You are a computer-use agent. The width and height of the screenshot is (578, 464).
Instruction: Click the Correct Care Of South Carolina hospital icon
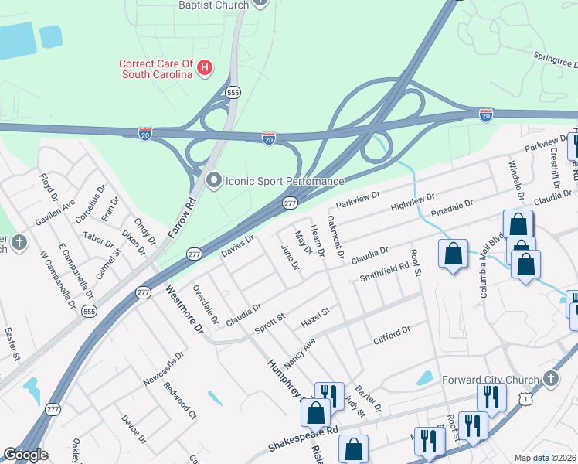pyautogui.click(x=205, y=68)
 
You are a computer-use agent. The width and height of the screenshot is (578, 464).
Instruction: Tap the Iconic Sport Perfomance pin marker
pyautogui.click(x=215, y=181)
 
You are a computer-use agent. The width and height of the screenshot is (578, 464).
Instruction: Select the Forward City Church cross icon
pyautogui.click(x=550, y=380)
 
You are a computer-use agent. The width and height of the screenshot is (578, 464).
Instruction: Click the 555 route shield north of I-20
pyautogui.click(x=233, y=92)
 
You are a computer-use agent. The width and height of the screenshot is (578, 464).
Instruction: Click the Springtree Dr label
pyautogui.click(x=556, y=58)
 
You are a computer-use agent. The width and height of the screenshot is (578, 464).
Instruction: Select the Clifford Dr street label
pyautogui.click(x=391, y=334)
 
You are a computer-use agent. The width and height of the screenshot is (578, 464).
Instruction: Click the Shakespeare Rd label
pyautogui.click(x=303, y=440)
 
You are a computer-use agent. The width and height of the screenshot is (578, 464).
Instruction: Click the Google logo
pyautogui.click(x=25, y=455)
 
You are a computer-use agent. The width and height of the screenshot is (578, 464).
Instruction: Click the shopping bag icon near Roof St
pyautogui.click(x=453, y=254)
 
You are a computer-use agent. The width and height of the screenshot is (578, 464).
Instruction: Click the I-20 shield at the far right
pyautogui.click(x=485, y=114)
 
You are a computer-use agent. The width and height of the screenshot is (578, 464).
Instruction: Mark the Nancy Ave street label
pyautogui.click(x=301, y=353)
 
